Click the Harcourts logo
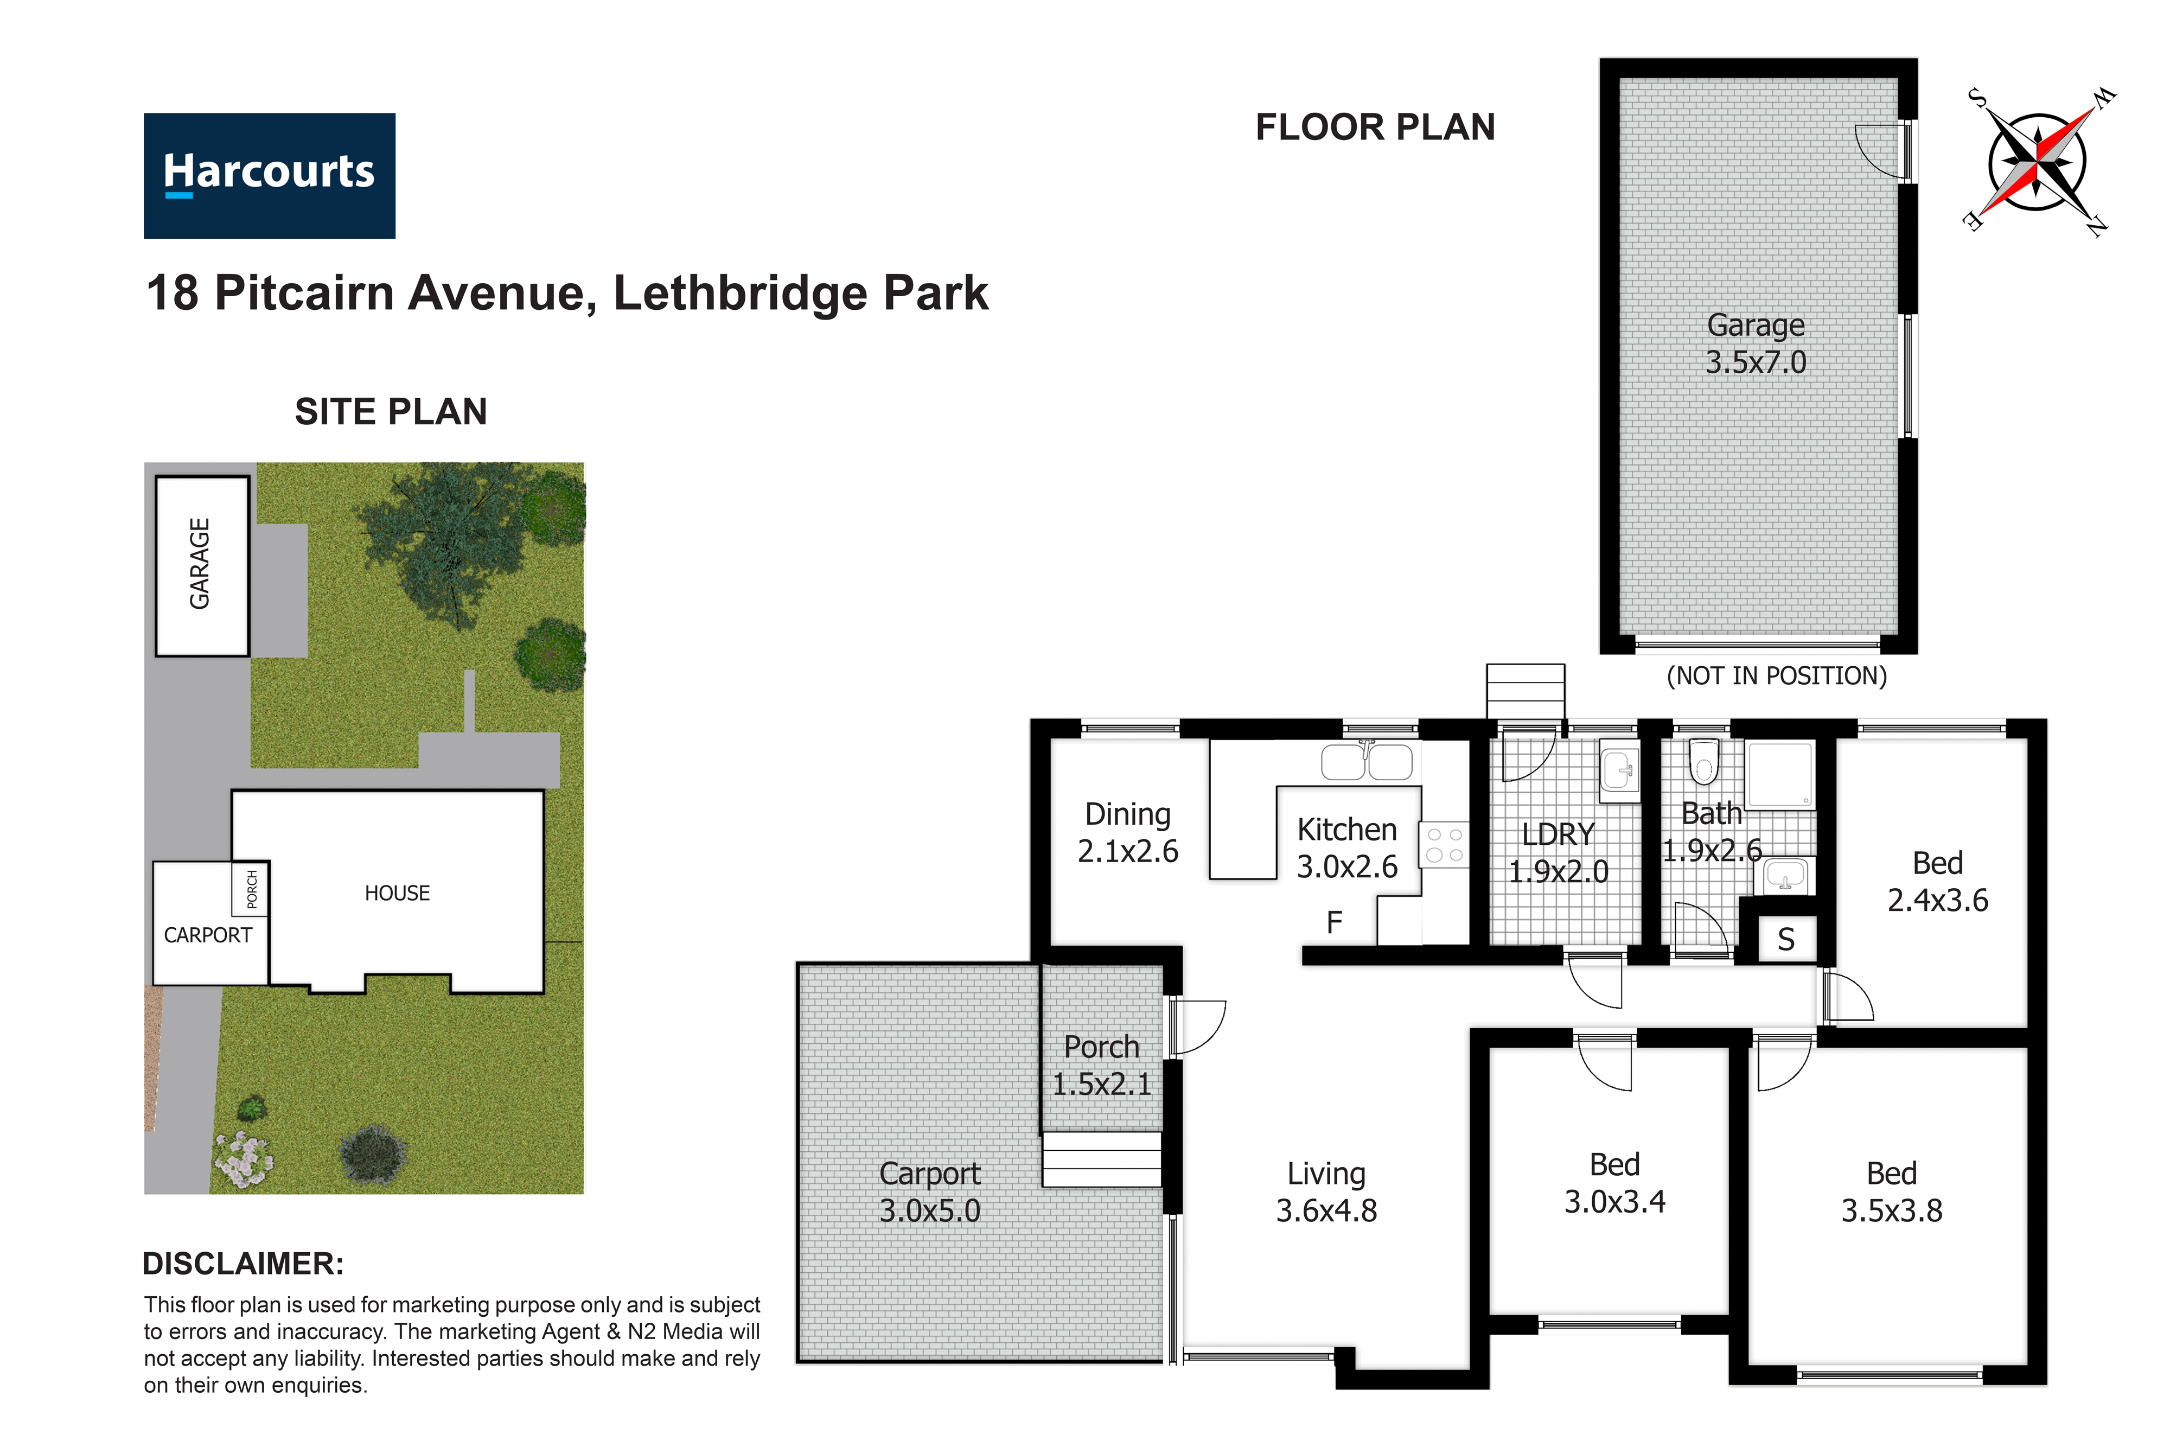(270, 175)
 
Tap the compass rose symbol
(2038, 162)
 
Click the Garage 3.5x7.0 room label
(1756, 343)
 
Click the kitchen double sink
(1367, 761)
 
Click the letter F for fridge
(1334, 922)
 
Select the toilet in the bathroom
(1703, 760)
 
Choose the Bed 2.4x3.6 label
(1937, 881)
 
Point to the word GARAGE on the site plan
(199, 563)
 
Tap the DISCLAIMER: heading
(242, 1264)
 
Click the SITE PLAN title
(391, 412)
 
